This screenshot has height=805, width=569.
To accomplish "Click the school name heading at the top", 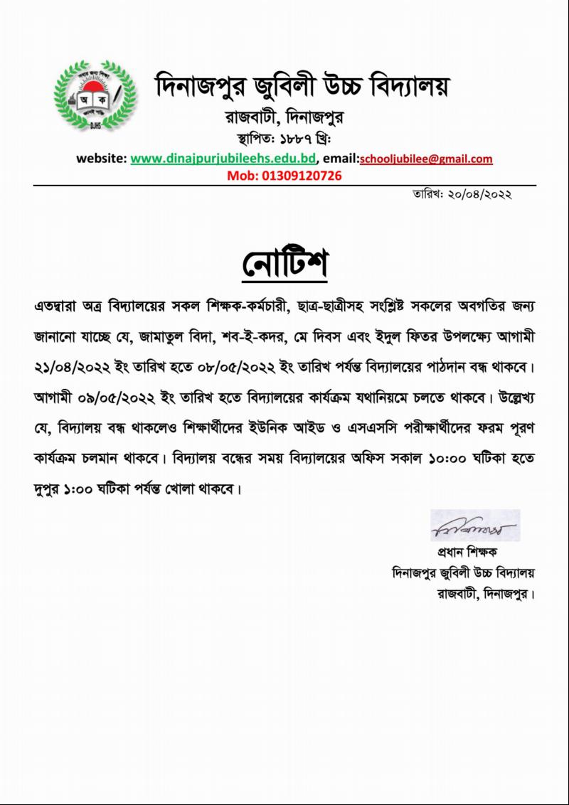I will (303, 87).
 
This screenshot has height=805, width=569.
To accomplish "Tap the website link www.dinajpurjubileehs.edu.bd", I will (222, 159).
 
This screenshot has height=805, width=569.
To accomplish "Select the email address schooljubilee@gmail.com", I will (426, 159).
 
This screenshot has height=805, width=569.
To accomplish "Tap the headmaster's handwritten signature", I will (474, 527).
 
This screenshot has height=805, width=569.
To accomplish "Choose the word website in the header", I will (100, 159).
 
